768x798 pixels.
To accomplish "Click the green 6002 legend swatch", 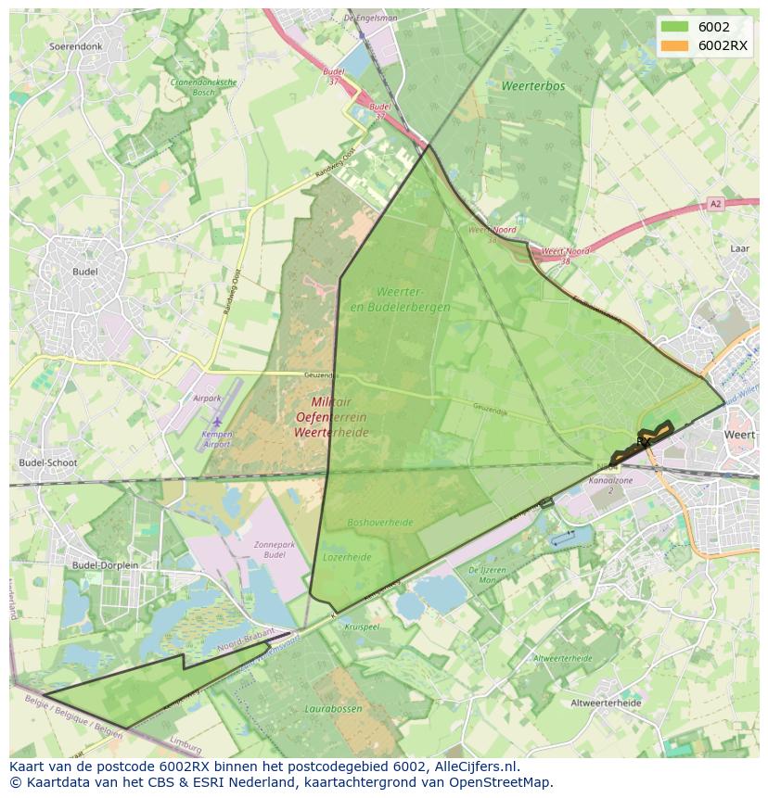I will pyautogui.click(x=675, y=28).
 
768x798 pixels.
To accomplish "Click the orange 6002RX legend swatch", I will pyautogui.click(x=675, y=46).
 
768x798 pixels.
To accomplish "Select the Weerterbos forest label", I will pyautogui.click(x=533, y=86).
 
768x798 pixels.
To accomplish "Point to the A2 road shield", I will pyautogui.click(x=715, y=204).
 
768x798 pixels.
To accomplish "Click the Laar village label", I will pyautogui.click(x=739, y=248).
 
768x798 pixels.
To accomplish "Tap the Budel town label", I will pyautogui.click(x=85, y=272).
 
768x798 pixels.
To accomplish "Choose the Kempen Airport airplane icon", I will pyautogui.click(x=217, y=423).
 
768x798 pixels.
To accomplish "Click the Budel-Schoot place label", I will pyautogui.click(x=48, y=462).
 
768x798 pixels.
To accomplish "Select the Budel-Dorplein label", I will pyautogui.click(x=105, y=564).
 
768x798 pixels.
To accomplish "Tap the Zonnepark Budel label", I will pyautogui.click(x=275, y=549).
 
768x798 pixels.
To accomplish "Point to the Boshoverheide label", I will pyautogui.click(x=380, y=523).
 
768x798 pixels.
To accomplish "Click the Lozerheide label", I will pyautogui.click(x=347, y=557).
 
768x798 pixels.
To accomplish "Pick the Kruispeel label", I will pyautogui.click(x=362, y=627).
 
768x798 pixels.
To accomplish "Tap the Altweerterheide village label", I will pyautogui.click(x=606, y=703).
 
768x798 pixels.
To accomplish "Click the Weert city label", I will pyautogui.click(x=739, y=435).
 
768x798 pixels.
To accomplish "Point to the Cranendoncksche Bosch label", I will pyautogui.click(x=204, y=86).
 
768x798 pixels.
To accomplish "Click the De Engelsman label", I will pyautogui.click(x=370, y=18).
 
